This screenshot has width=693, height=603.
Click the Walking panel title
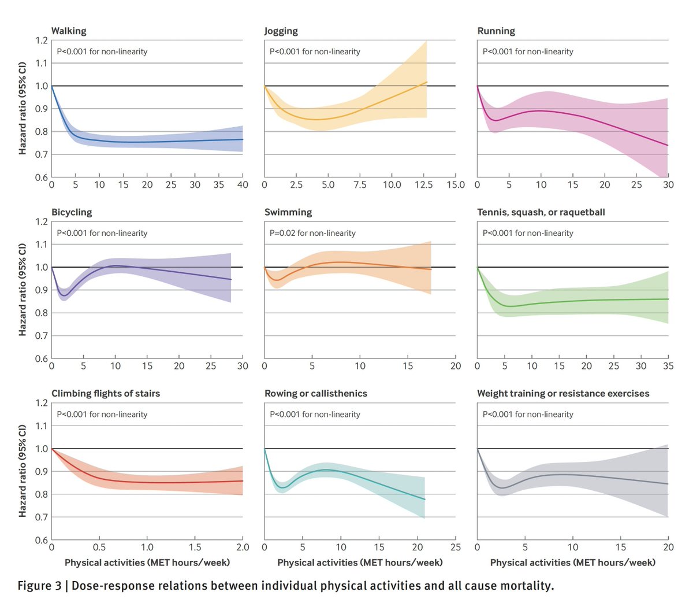click(69, 31)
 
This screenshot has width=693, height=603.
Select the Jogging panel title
click(281, 31)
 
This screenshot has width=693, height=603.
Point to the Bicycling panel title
click(72, 212)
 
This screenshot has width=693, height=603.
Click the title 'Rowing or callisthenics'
click(316, 394)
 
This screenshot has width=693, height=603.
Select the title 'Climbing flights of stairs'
click(106, 394)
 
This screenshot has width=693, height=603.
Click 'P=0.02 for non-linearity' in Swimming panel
click(312, 233)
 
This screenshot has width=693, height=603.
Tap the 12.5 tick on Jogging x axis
click(424, 185)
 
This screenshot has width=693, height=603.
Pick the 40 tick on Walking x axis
click(243, 185)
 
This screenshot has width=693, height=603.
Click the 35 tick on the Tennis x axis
click(668, 366)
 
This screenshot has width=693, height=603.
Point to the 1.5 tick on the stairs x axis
click(195, 547)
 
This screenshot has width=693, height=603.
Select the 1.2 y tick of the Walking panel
click(41, 40)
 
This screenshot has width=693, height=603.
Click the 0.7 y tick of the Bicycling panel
click(41, 336)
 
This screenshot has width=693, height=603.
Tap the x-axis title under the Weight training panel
click(573, 563)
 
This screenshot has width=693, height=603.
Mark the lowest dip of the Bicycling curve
click(64, 296)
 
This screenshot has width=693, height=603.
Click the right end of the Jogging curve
click(426, 82)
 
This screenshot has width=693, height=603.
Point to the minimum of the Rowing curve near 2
click(281, 487)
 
